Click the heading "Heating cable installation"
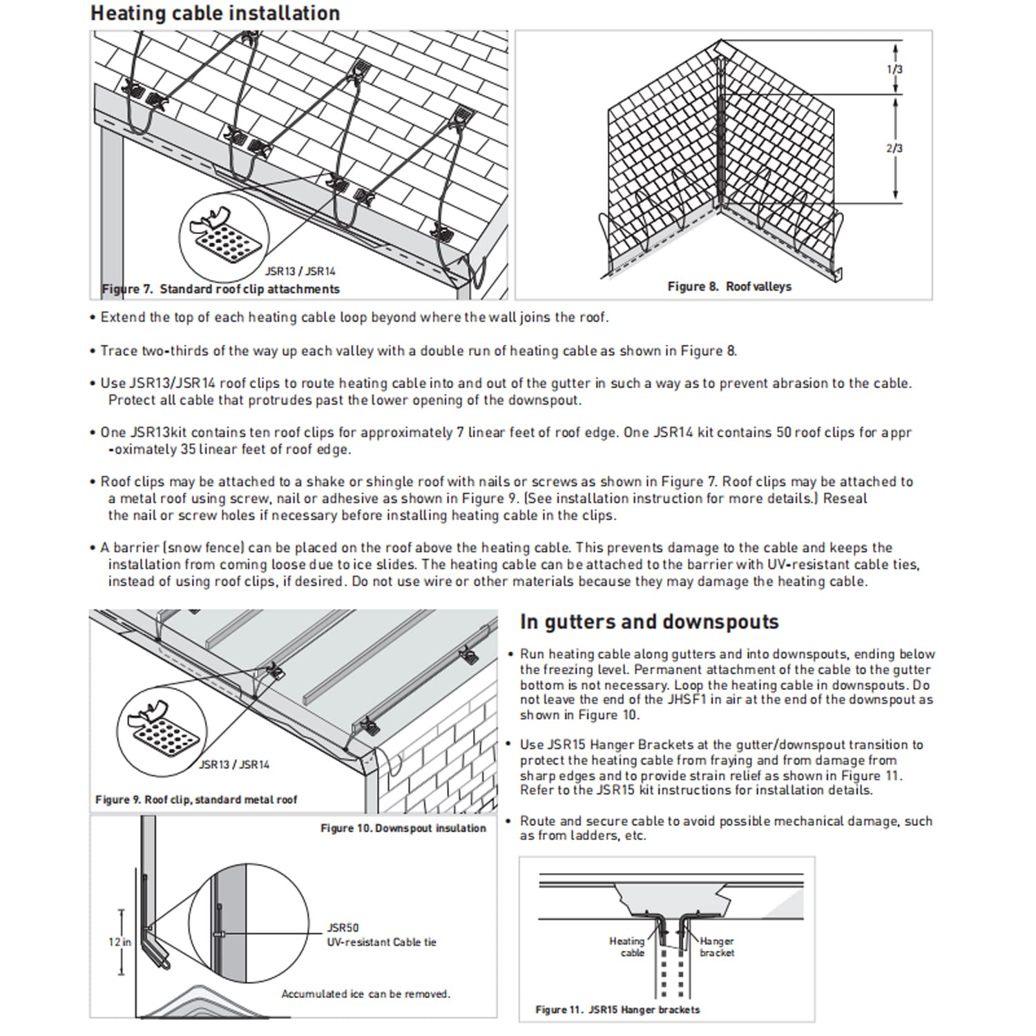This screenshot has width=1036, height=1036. (x=215, y=14)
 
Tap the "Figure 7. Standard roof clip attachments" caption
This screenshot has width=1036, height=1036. (x=221, y=289)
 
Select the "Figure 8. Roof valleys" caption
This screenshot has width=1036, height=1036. (x=729, y=286)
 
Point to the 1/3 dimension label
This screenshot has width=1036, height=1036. (x=894, y=69)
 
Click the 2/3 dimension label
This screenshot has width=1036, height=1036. (x=894, y=148)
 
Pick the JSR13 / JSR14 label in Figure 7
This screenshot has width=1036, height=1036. (x=300, y=271)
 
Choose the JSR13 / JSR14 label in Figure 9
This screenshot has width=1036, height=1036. (x=234, y=765)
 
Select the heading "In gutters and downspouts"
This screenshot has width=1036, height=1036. (x=649, y=622)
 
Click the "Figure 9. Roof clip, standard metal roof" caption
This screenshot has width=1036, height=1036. (x=196, y=800)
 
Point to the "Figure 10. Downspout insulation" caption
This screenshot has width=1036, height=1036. (x=403, y=828)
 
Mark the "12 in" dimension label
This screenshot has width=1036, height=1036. (x=119, y=942)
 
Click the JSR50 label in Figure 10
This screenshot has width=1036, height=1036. (x=343, y=928)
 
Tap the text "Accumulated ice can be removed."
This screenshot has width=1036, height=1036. (x=365, y=994)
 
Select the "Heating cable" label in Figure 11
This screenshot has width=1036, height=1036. (x=627, y=947)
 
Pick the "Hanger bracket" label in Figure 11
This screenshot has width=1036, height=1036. (x=717, y=947)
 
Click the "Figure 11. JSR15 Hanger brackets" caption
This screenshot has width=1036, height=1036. (x=617, y=1010)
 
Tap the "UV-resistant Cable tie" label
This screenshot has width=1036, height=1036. (x=381, y=942)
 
